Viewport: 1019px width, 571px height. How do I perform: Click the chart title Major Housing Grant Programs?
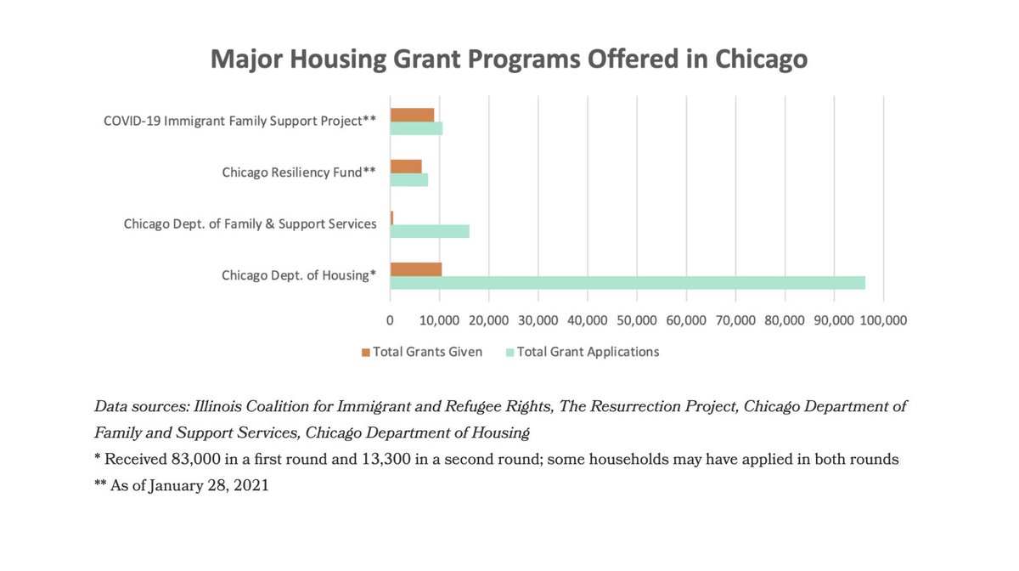pyautogui.click(x=509, y=59)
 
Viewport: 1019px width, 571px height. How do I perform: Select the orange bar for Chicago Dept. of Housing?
pyautogui.click(x=416, y=269)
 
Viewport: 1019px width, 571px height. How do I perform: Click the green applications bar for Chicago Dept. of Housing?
pyautogui.click(x=628, y=283)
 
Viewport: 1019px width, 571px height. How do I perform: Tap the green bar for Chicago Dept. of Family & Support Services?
pyautogui.click(x=430, y=231)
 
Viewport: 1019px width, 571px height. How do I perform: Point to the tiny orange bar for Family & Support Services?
pyautogui.click(x=391, y=218)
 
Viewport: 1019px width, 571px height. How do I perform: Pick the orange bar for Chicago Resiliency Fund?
pyautogui.click(x=406, y=167)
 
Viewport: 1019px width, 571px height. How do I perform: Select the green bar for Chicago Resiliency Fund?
pyautogui.click(x=409, y=180)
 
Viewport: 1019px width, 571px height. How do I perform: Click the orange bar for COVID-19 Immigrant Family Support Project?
pyautogui.click(x=412, y=115)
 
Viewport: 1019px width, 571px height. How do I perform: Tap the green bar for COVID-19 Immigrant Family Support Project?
pyautogui.click(x=416, y=128)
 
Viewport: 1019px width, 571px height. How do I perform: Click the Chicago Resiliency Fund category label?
pyautogui.click(x=299, y=172)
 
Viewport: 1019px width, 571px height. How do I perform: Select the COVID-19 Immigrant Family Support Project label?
pyautogui.click(x=239, y=121)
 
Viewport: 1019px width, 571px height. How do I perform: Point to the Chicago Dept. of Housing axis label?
pyautogui.click(x=299, y=275)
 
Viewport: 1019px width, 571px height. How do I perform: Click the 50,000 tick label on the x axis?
pyautogui.click(x=637, y=320)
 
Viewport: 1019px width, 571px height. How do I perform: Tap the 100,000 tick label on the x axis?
pyautogui.click(x=883, y=320)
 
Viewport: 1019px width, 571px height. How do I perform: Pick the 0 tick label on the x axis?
pyautogui.click(x=391, y=320)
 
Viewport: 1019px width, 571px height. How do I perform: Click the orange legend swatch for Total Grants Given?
pyautogui.click(x=366, y=352)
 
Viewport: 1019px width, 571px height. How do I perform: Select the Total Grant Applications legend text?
pyautogui.click(x=588, y=352)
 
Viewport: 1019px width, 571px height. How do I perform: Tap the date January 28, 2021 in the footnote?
pyautogui.click(x=214, y=487)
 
